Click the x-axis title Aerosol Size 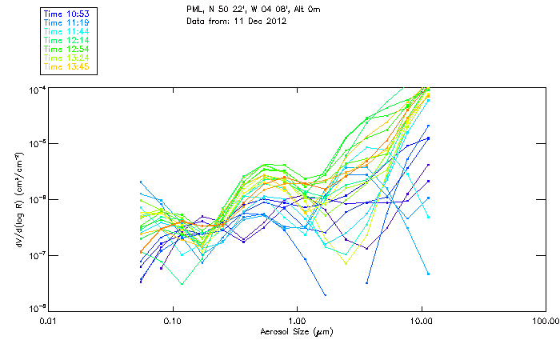[297, 330]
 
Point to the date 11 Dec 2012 [261, 21]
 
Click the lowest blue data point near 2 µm [325, 295]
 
